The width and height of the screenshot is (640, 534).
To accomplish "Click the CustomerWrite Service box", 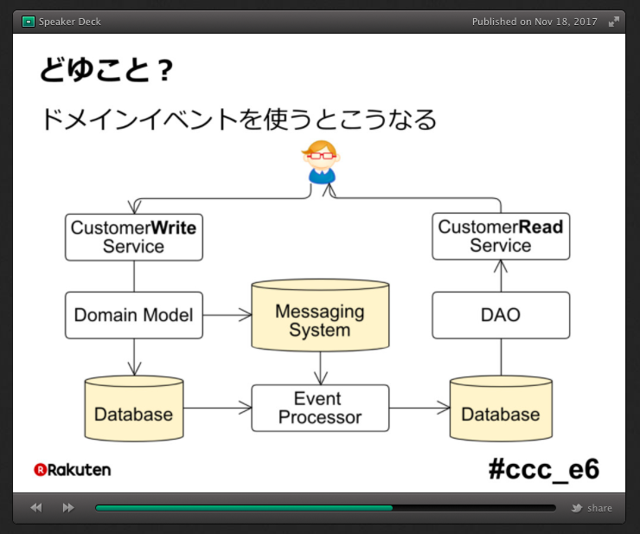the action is pos(134,237).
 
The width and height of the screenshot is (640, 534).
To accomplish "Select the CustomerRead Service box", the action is pos(501,236).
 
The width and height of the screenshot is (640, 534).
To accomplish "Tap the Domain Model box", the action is pos(134,315).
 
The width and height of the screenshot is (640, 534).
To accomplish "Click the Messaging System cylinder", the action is pos(320,315).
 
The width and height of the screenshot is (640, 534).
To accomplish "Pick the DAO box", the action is pos(501,315).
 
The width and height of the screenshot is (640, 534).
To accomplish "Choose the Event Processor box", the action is pos(320,408).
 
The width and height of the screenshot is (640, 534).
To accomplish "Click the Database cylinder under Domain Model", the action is pos(134,409).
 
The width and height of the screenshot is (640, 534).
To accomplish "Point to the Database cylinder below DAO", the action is pos(501,409).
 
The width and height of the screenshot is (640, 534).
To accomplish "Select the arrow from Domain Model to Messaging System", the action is pos(227,315).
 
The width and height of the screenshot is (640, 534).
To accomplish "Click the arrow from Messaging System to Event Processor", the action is pos(320,368).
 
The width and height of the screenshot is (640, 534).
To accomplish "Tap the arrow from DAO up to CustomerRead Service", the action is pos(501,276).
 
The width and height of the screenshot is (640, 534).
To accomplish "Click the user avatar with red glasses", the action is pos(322,162).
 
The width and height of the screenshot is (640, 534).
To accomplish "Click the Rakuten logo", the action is pos(73,470).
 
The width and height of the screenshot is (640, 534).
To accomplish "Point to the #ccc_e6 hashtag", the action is pos(544,469).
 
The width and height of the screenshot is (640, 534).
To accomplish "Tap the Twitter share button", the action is pos(592,508).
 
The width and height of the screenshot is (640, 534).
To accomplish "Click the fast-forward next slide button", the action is pos(68,508).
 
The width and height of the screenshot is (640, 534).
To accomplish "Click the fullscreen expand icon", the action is pos(613,22).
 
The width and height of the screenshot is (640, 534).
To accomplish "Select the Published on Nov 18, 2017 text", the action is pos(534,22).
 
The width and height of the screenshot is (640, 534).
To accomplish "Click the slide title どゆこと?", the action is pos(106,69).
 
